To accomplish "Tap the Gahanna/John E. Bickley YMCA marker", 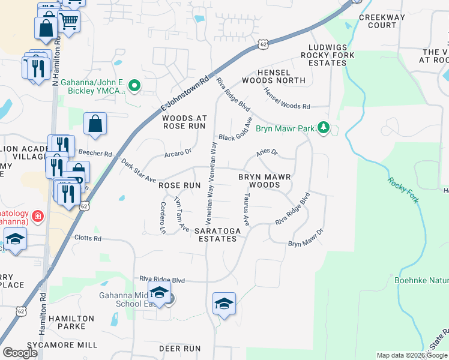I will tap(135, 86).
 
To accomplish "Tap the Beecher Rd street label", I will tap(100, 154).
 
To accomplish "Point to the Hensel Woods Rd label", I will tap(287, 99).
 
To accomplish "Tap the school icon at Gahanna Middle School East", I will tap(159, 293).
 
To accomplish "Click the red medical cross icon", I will tap(37, 215).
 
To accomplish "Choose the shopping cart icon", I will tap(69, 22).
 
